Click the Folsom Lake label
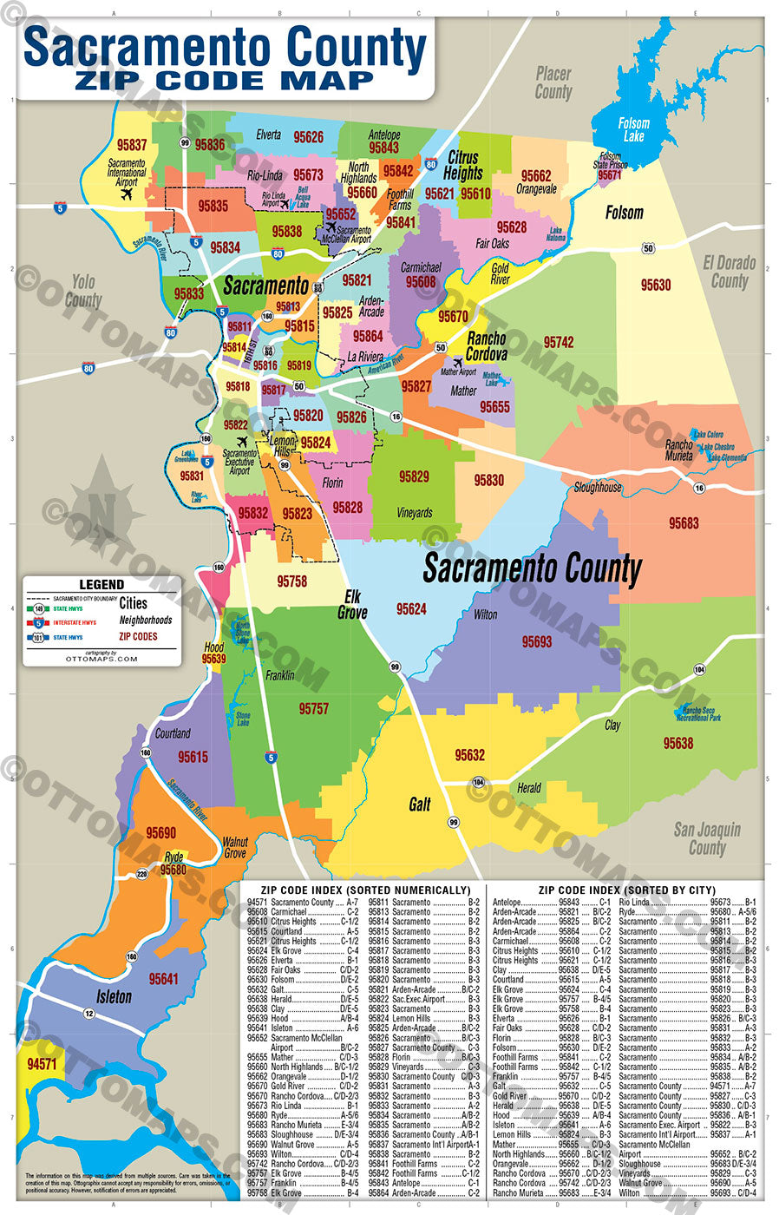click(633, 129)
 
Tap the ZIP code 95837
click(132, 145)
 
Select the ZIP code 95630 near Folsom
click(655, 285)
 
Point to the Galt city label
click(420, 805)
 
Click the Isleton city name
click(114, 997)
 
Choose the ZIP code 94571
click(42, 1064)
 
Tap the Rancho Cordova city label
click(486, 346)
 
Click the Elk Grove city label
click(352, 604)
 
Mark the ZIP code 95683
click(684, 523)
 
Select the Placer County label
click(553, 82)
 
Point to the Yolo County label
click(83, 291)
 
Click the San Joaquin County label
click(707, 838)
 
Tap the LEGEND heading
click(101, 585)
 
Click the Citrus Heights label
click(462, 165)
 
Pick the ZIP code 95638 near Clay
click(678, 743)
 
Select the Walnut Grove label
click(235, 847)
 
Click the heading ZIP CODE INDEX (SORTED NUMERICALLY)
click(365, 890)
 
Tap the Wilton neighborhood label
click(485, 614)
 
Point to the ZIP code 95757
click(313, 709)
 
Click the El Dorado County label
click(729, 272)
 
